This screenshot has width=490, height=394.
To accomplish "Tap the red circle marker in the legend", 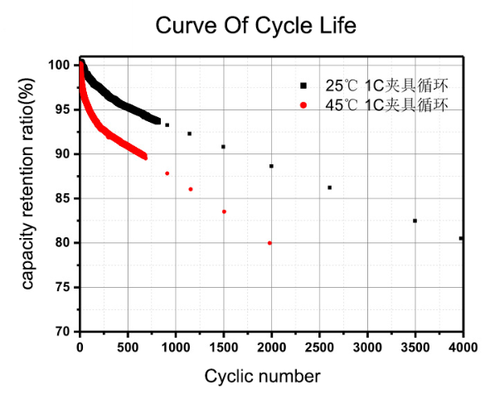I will tap(304, 105).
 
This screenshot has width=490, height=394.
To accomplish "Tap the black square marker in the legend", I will tap(304, 85).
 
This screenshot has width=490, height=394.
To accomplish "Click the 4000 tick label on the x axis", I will tap(463, 344).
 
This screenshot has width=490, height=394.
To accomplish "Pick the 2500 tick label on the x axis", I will tap(319, 344).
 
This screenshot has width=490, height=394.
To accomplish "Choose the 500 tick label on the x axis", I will tap(127, 344).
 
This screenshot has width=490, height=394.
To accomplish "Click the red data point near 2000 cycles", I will tap(269, 243).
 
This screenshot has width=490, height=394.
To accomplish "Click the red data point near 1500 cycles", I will tap(224, 212).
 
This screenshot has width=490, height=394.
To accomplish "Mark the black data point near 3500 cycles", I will tap(415, 221).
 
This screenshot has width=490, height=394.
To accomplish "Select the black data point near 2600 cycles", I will tap(329, 187).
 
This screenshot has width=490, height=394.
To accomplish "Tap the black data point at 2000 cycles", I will tap(271, 166).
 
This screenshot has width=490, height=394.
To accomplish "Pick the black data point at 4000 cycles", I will tap(461, 238).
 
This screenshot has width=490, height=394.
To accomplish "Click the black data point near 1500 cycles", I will tap(223, 147).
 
